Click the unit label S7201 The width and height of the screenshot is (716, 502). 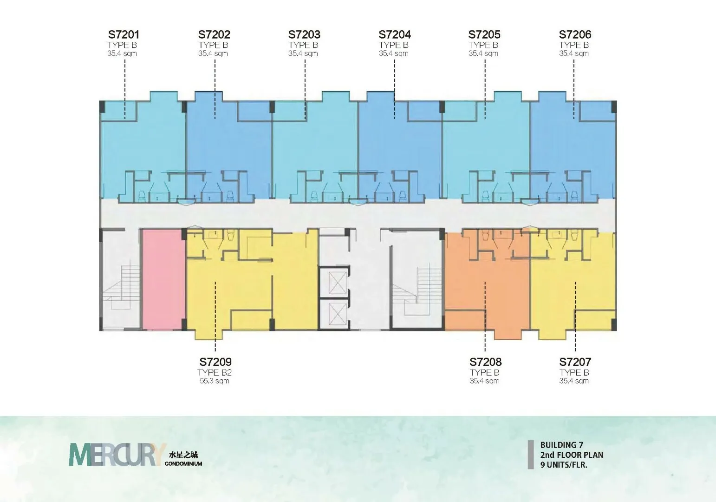coord(124,34)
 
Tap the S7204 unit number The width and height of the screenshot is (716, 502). coord(394,34)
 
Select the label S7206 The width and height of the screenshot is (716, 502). coord(575,34)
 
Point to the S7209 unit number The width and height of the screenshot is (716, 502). coord(215,362)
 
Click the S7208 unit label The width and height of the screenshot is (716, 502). coord(485,362)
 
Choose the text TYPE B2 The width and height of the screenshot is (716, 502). coord(214,372)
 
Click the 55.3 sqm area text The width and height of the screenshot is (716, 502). coord(215,381)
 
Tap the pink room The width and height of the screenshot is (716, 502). coord(163,279)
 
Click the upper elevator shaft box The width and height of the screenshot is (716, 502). coord(338,283)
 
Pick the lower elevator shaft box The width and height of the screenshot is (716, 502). coord(338,314)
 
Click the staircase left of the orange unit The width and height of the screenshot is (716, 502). coord(417,290)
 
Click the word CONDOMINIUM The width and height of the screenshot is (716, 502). coord(183,463)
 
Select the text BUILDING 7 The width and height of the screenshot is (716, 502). coord(562,445)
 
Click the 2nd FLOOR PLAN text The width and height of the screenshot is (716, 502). coord(572,455)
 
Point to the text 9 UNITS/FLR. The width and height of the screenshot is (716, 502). coord(564,465)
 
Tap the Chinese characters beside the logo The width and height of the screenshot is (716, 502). coord(183,455)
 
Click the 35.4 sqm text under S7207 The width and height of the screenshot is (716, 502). coord(574,381)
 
